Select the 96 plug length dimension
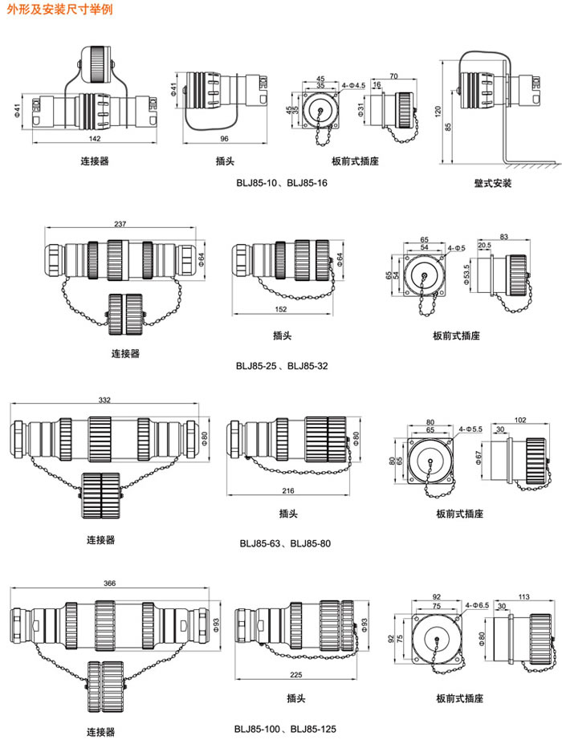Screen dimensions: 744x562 222,138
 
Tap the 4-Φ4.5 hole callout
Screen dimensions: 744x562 352,84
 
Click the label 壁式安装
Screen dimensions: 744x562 492,184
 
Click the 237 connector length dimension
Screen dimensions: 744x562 120,224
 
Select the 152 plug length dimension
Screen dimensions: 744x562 281,310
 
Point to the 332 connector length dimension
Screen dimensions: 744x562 105,399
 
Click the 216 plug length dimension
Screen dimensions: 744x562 288,490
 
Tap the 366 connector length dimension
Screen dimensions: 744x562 108,583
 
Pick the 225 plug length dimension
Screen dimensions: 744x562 292,675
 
